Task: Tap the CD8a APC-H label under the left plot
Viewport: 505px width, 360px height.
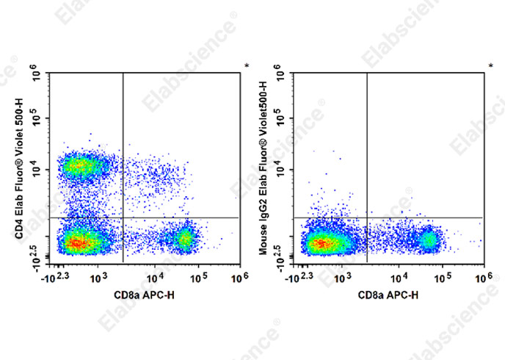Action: tap(144, 295)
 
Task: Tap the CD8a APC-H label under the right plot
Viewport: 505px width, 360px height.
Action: tap(388, 295)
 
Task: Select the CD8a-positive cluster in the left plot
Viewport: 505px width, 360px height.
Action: tap(184, 238)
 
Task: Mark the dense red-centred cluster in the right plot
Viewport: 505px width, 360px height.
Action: tap(321, 242)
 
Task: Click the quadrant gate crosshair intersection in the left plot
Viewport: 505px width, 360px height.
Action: tap(123, 217)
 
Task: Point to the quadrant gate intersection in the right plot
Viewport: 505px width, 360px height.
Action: tap(366, 217)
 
